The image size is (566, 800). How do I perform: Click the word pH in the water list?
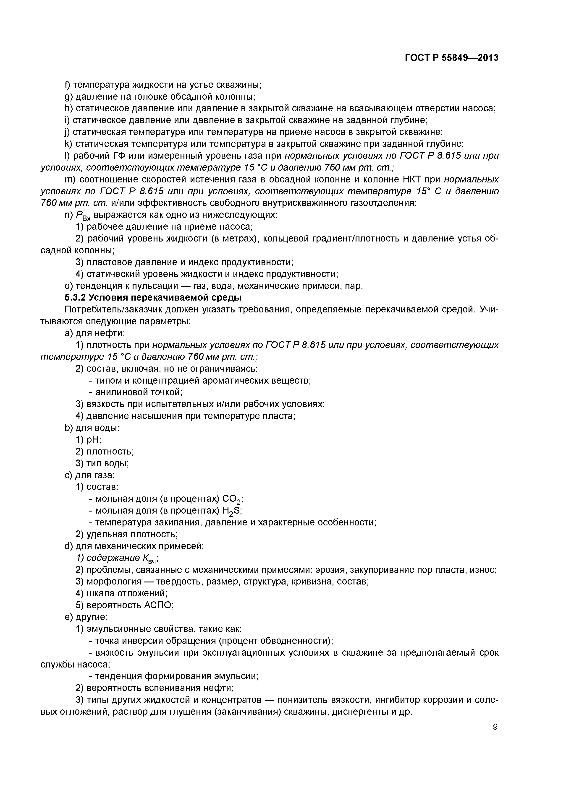click(x=94, y=440)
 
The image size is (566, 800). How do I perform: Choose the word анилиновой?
click(x=118, y=392)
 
